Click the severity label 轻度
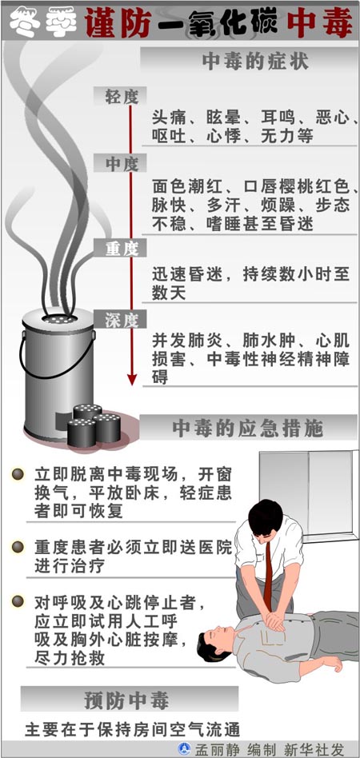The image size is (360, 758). coord(122,98)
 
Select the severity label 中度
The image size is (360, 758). coord(122,165)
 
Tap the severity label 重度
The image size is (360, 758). coord(122,249)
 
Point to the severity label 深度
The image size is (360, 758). coord(122,320)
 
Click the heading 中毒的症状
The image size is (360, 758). coord(255,62)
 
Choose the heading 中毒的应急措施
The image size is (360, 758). coord(248,429)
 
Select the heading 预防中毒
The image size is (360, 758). coord(126,700)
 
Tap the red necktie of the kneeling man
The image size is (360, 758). coord(267,570)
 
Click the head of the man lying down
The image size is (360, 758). coord(215,640)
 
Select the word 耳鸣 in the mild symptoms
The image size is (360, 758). coord(278,118)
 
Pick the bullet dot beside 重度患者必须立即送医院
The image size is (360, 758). coord(18,547)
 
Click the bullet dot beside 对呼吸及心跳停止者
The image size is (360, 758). coord(18,601)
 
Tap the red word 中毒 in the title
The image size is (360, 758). coord(319,23)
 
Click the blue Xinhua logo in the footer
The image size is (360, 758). coord(184,749)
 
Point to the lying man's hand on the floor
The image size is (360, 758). coord(333,664)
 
